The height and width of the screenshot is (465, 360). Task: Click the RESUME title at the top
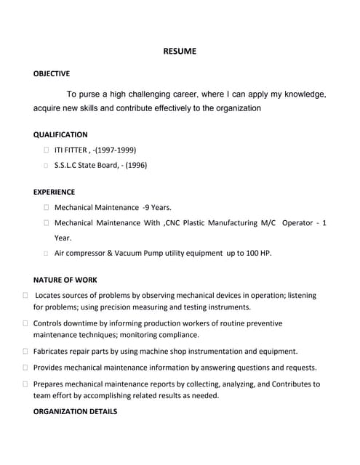(179, 52)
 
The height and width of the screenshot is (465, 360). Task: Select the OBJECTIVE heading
(52, 73)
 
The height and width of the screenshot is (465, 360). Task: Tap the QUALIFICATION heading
(60, 134)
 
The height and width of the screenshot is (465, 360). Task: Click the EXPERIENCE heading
(55, 192)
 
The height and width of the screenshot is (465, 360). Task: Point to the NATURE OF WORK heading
(65, 280)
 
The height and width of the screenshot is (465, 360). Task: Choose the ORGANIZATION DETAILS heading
(75, 411)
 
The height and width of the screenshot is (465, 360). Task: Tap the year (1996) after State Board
(135, 165)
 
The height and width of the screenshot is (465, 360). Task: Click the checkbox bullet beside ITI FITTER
(47, 150)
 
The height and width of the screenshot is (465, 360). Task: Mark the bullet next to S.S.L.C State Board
(47, 165)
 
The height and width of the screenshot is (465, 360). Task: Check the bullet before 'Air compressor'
(47, 254)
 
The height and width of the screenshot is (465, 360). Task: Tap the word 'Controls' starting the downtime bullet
(49, 323)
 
